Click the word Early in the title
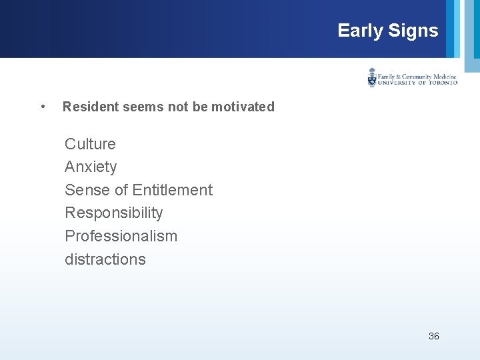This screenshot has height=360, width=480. click(x=360, y=31)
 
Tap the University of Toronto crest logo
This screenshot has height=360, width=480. click(x=372, y=77)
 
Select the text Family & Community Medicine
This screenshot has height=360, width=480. click(x=417, y=75)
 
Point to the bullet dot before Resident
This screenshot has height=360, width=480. click(x=43, y=107)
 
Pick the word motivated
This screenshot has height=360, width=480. click(x=243, y=107)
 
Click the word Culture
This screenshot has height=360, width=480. click(x=90, y=144)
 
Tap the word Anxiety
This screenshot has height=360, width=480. click(x=91, y=167)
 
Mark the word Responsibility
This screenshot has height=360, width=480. click(x=114, y=213)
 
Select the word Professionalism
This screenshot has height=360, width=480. click(x=121, y=236)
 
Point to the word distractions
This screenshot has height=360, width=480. click(x=105, y=259)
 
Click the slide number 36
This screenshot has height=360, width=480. click(x=434, y=336)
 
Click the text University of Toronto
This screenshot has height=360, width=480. click(x=417, y=83)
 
